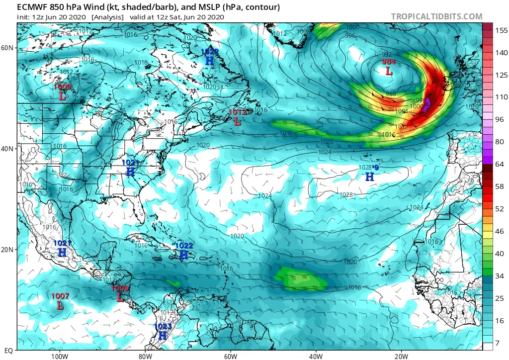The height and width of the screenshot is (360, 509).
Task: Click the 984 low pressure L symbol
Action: pos(389,71)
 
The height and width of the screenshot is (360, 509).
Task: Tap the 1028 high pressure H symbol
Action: pos(369,177)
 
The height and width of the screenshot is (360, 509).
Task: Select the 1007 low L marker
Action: pos(60,305)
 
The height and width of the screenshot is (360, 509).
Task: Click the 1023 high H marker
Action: pos(163,335)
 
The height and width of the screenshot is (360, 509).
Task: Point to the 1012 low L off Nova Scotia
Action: pos(238,121)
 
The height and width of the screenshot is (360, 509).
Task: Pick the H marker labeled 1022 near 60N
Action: pos(210,60)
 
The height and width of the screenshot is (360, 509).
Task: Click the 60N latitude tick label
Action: pos(7,48)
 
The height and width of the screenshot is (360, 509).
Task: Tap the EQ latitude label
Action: pos(8,350)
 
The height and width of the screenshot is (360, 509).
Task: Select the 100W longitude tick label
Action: pos(59,356)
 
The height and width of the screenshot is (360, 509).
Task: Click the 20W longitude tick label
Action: pos(402,356)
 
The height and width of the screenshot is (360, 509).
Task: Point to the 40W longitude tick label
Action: pos(316,356)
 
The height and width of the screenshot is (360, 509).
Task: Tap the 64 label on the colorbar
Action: pos(498,164)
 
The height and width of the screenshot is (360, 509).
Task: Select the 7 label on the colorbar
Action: pos(498,343)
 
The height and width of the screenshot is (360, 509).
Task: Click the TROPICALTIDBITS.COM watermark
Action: pos(436,16)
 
